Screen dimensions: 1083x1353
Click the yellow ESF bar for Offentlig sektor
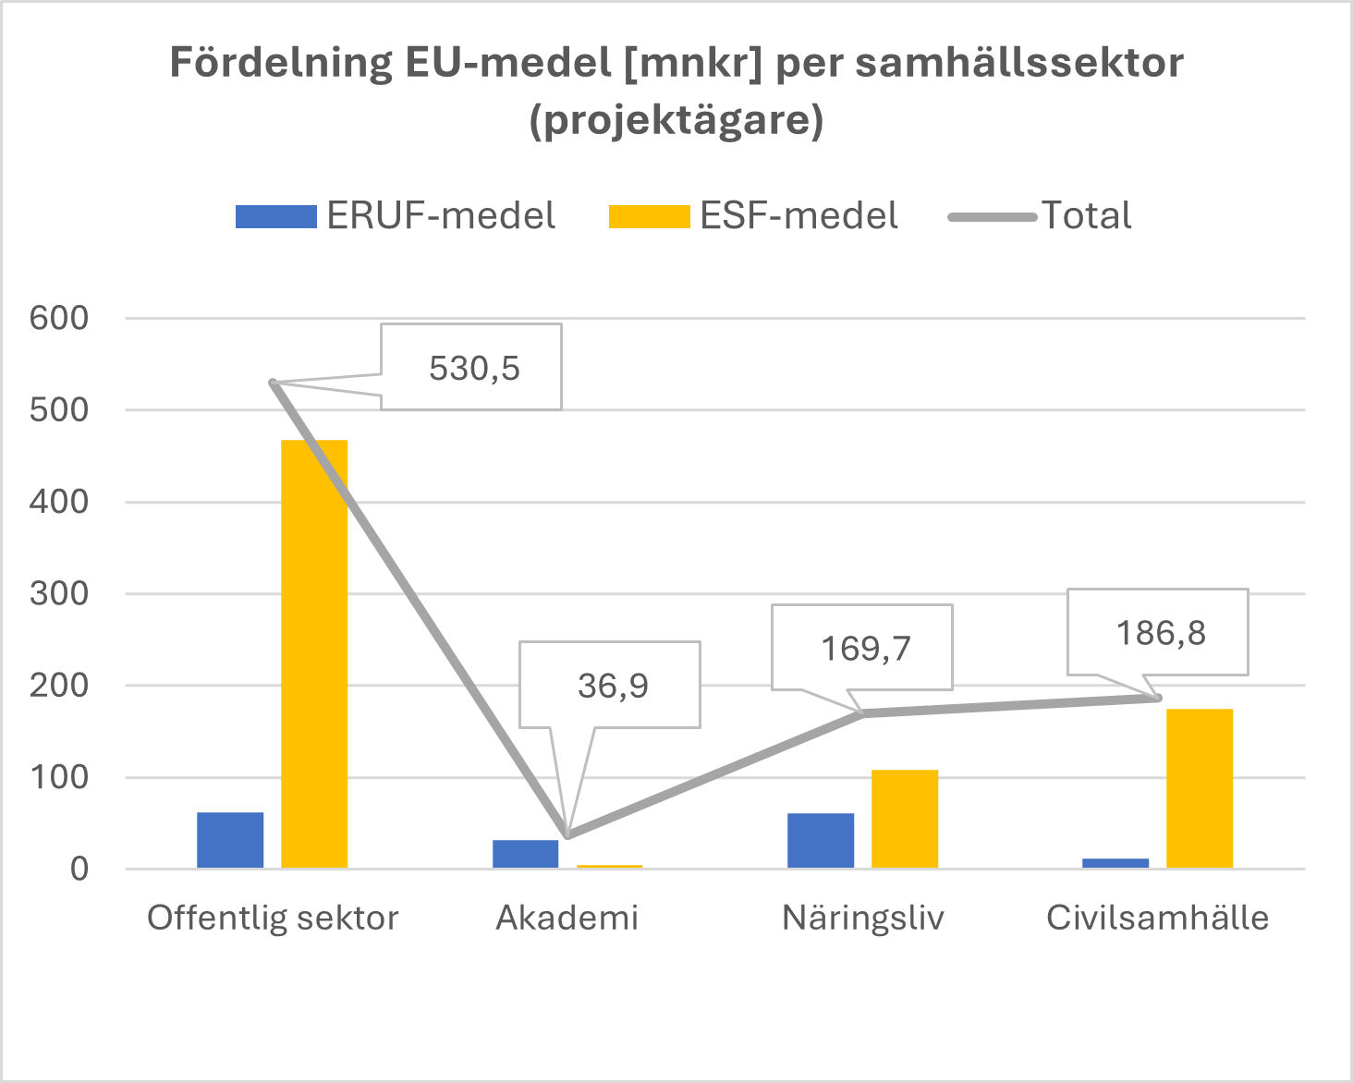pyautogui.click(x=314, y=653)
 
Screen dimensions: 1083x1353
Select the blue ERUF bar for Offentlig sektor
pyautogui.click(x=230, y=840)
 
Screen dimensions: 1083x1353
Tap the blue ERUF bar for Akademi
pyautogui.click(x=525, y=854)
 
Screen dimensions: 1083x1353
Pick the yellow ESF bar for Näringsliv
pyautogui.click(x=904, y=819)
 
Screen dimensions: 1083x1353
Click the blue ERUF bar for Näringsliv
pyautogui.click(x=820, y=841)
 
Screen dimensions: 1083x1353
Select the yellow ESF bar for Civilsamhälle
pyautogui.click(x=1199, y=788)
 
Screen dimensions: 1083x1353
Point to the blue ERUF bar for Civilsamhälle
pyautogui.click(x=1115, y=863)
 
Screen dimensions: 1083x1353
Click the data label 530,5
pyautogui.click(x=473, y=368)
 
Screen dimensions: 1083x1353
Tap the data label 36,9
pyautogui.click(x=612, y=686)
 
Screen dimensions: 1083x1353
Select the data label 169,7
pyautogui.click(x=865, y=649)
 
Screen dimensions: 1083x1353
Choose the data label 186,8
pyautogui.click(x=1160, y=633)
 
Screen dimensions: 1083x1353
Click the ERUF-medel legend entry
pyautogui.click(x=396, y=215)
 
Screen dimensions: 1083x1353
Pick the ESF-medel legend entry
pyautogui.click(x=753, y=215)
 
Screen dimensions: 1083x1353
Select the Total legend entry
pyautogui.click(x=1041, y=215)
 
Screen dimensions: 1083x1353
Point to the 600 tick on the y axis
pyautogui.click(x=59, y=318)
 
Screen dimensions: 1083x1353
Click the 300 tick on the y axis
pyautogui.click(x=59, y=593)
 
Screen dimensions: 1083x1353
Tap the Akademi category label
pyautogui.click(x=567, y=918)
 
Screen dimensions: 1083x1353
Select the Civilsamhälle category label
pyautogui.click(x=1157, y=918)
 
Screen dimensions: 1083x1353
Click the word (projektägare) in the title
pyautogui.click(x=676, y=120)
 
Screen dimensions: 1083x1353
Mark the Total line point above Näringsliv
pyautogui.click(x=862, y=712)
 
